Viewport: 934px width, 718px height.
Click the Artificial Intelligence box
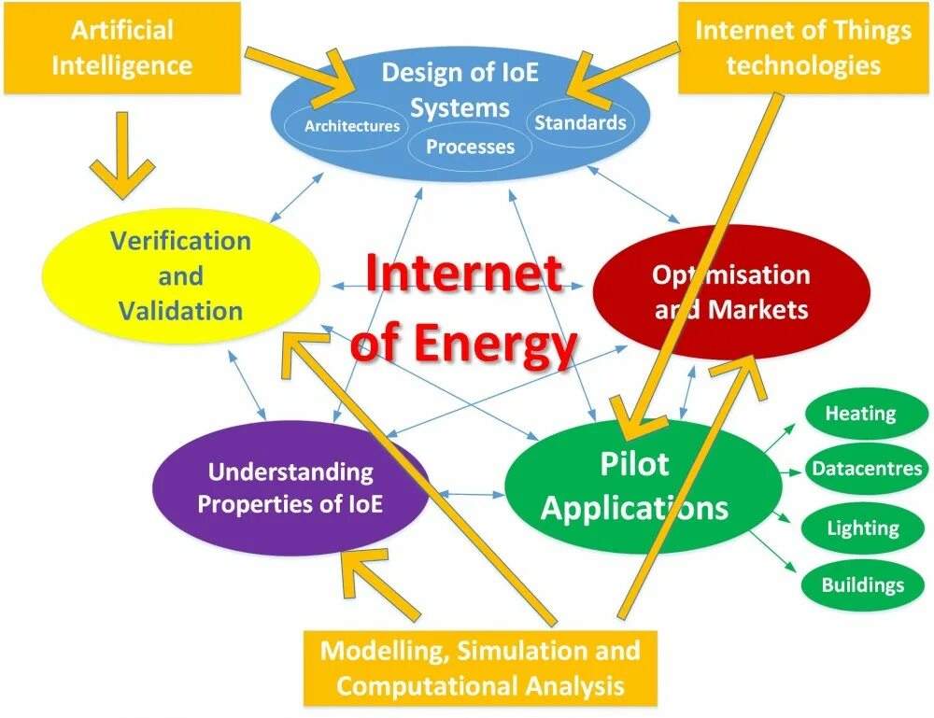pos(121,48)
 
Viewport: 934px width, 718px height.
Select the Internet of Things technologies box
pos(803,48)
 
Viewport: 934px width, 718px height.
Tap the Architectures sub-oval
pos(352,126)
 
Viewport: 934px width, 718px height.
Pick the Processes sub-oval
pos(470,147)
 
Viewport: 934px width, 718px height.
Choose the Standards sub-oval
pos(580,122)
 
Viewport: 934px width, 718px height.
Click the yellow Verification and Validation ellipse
pos(180,275)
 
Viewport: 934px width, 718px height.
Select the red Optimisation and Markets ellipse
pos(731,291)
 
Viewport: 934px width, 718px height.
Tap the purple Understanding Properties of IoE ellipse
pos(290,487)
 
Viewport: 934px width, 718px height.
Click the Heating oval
pos(860,414)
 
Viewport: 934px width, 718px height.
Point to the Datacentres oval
pos(866,469)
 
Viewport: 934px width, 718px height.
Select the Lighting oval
pos(862,528)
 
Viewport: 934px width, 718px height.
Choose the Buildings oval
pos(862,585)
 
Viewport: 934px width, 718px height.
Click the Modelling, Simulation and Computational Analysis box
pos(480,669)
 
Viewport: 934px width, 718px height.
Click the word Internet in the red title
pos(464,275)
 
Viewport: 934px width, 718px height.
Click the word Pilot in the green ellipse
pos(634,464)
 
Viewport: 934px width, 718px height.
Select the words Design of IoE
pos(460,73)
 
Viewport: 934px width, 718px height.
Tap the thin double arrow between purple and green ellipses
pos(467,492)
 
